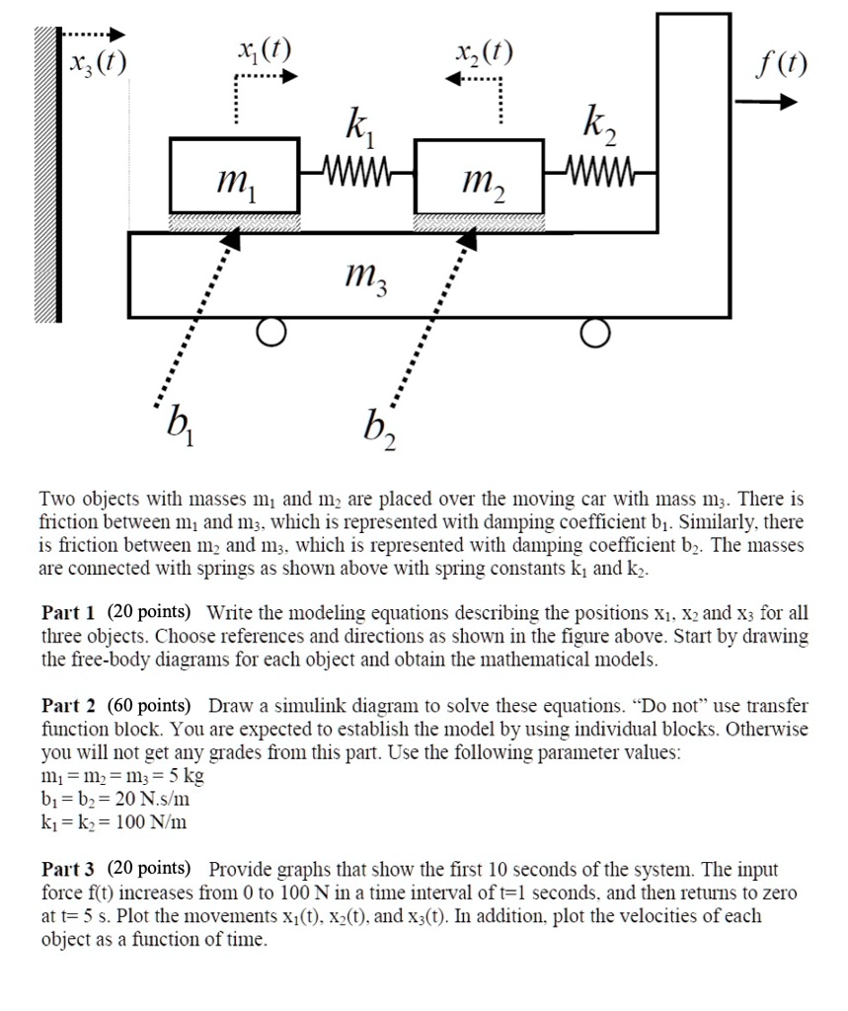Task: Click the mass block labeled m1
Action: pos(235,175)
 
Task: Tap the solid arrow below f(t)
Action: pos(773,102)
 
